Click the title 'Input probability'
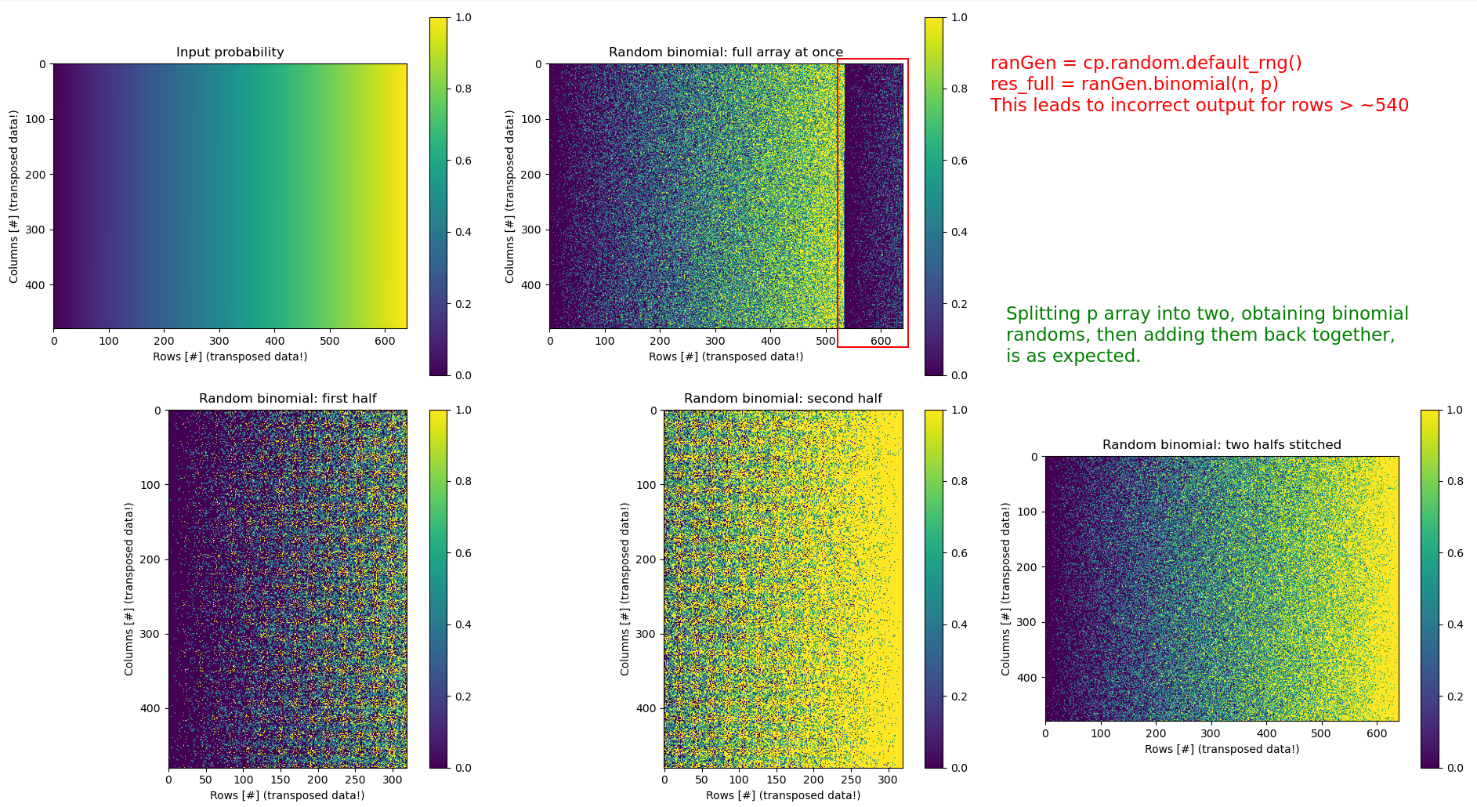[x=230, y=52]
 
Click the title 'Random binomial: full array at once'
[x=726, y=52]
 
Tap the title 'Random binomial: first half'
[x=288, y=399]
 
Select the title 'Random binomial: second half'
[x=783, y=399]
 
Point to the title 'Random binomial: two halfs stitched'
[x=1222, y=445]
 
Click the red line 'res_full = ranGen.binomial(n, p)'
[x=1135, y=85]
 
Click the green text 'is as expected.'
[x=1073, y=356]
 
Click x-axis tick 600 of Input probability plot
[x=385, y=341]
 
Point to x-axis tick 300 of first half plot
[x=392, y=780]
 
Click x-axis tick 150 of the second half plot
[x=776, y=780]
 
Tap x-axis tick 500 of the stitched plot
[x=1321, y=733]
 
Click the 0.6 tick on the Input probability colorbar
[x=464, y=161]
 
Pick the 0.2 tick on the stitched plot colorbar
[x=1455, y=697]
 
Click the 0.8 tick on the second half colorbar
[x=959, y=481]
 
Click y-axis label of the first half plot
[x=129, y=589]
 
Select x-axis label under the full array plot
[x=726, y=357]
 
